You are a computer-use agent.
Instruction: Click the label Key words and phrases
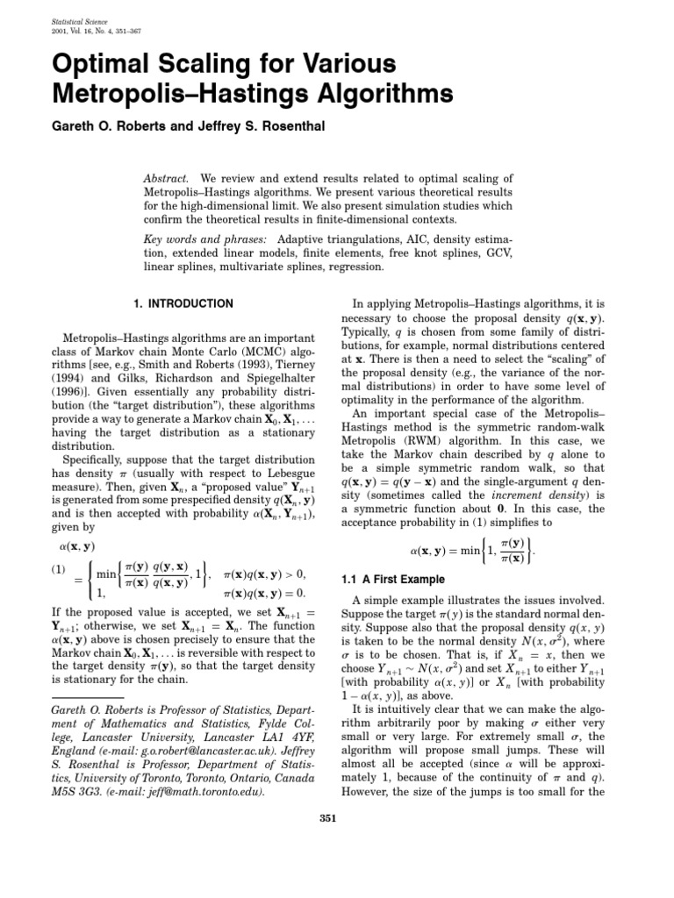[x=203, y=239]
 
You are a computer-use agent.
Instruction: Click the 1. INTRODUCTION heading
[x=183, y=304]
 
